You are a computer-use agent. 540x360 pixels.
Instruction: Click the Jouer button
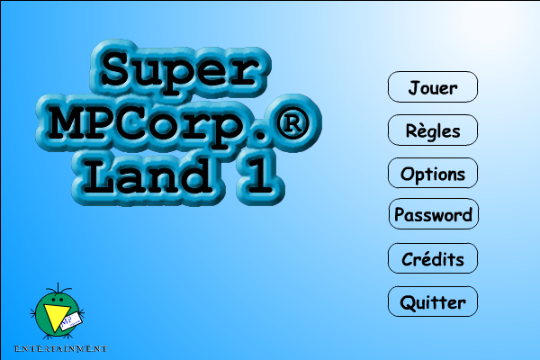433,86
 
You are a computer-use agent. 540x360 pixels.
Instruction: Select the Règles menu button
433,130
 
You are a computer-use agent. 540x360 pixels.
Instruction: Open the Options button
433,173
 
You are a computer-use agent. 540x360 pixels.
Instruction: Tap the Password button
433,214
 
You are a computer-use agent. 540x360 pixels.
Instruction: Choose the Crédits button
433,258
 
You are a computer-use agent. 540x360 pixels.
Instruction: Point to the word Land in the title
148,175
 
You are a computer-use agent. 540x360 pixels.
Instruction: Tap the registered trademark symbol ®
292,123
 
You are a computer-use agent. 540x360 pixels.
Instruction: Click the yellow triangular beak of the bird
56,317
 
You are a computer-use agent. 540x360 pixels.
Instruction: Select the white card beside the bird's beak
71,322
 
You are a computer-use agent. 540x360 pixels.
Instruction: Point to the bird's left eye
53,300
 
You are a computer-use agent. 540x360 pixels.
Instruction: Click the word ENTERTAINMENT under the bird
60,348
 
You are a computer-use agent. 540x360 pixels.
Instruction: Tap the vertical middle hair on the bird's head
58,287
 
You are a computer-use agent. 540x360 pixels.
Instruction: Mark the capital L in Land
99,175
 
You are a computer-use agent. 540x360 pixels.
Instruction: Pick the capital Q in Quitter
408,303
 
